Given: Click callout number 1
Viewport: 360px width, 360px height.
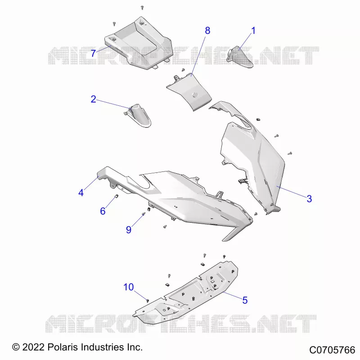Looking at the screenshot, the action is [253, 31].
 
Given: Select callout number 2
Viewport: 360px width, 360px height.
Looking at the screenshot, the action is [93, 99].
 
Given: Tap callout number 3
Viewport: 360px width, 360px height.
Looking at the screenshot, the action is [309, 198].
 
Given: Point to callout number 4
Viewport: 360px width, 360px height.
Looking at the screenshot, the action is [81, 193].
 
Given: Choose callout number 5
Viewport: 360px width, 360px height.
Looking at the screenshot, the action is [245, 300].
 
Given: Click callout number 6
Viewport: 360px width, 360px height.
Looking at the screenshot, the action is [103, 211].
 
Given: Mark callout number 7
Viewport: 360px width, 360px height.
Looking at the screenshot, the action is [93, 54].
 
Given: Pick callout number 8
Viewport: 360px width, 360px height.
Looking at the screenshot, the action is [207, 31].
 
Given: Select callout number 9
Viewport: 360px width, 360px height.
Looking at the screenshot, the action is [129, 229].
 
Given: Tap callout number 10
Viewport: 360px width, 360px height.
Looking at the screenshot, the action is [129, 287].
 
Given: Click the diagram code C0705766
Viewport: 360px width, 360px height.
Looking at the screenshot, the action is [332, 350].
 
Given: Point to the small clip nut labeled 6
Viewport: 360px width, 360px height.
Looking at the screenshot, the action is [117, 196].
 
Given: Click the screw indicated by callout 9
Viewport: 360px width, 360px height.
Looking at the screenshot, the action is [144, 214].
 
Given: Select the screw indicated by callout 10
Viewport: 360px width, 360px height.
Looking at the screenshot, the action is [148, 300].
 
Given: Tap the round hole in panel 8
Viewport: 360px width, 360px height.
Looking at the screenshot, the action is [195, 95].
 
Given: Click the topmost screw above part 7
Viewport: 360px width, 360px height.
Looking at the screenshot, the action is [142, 8].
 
